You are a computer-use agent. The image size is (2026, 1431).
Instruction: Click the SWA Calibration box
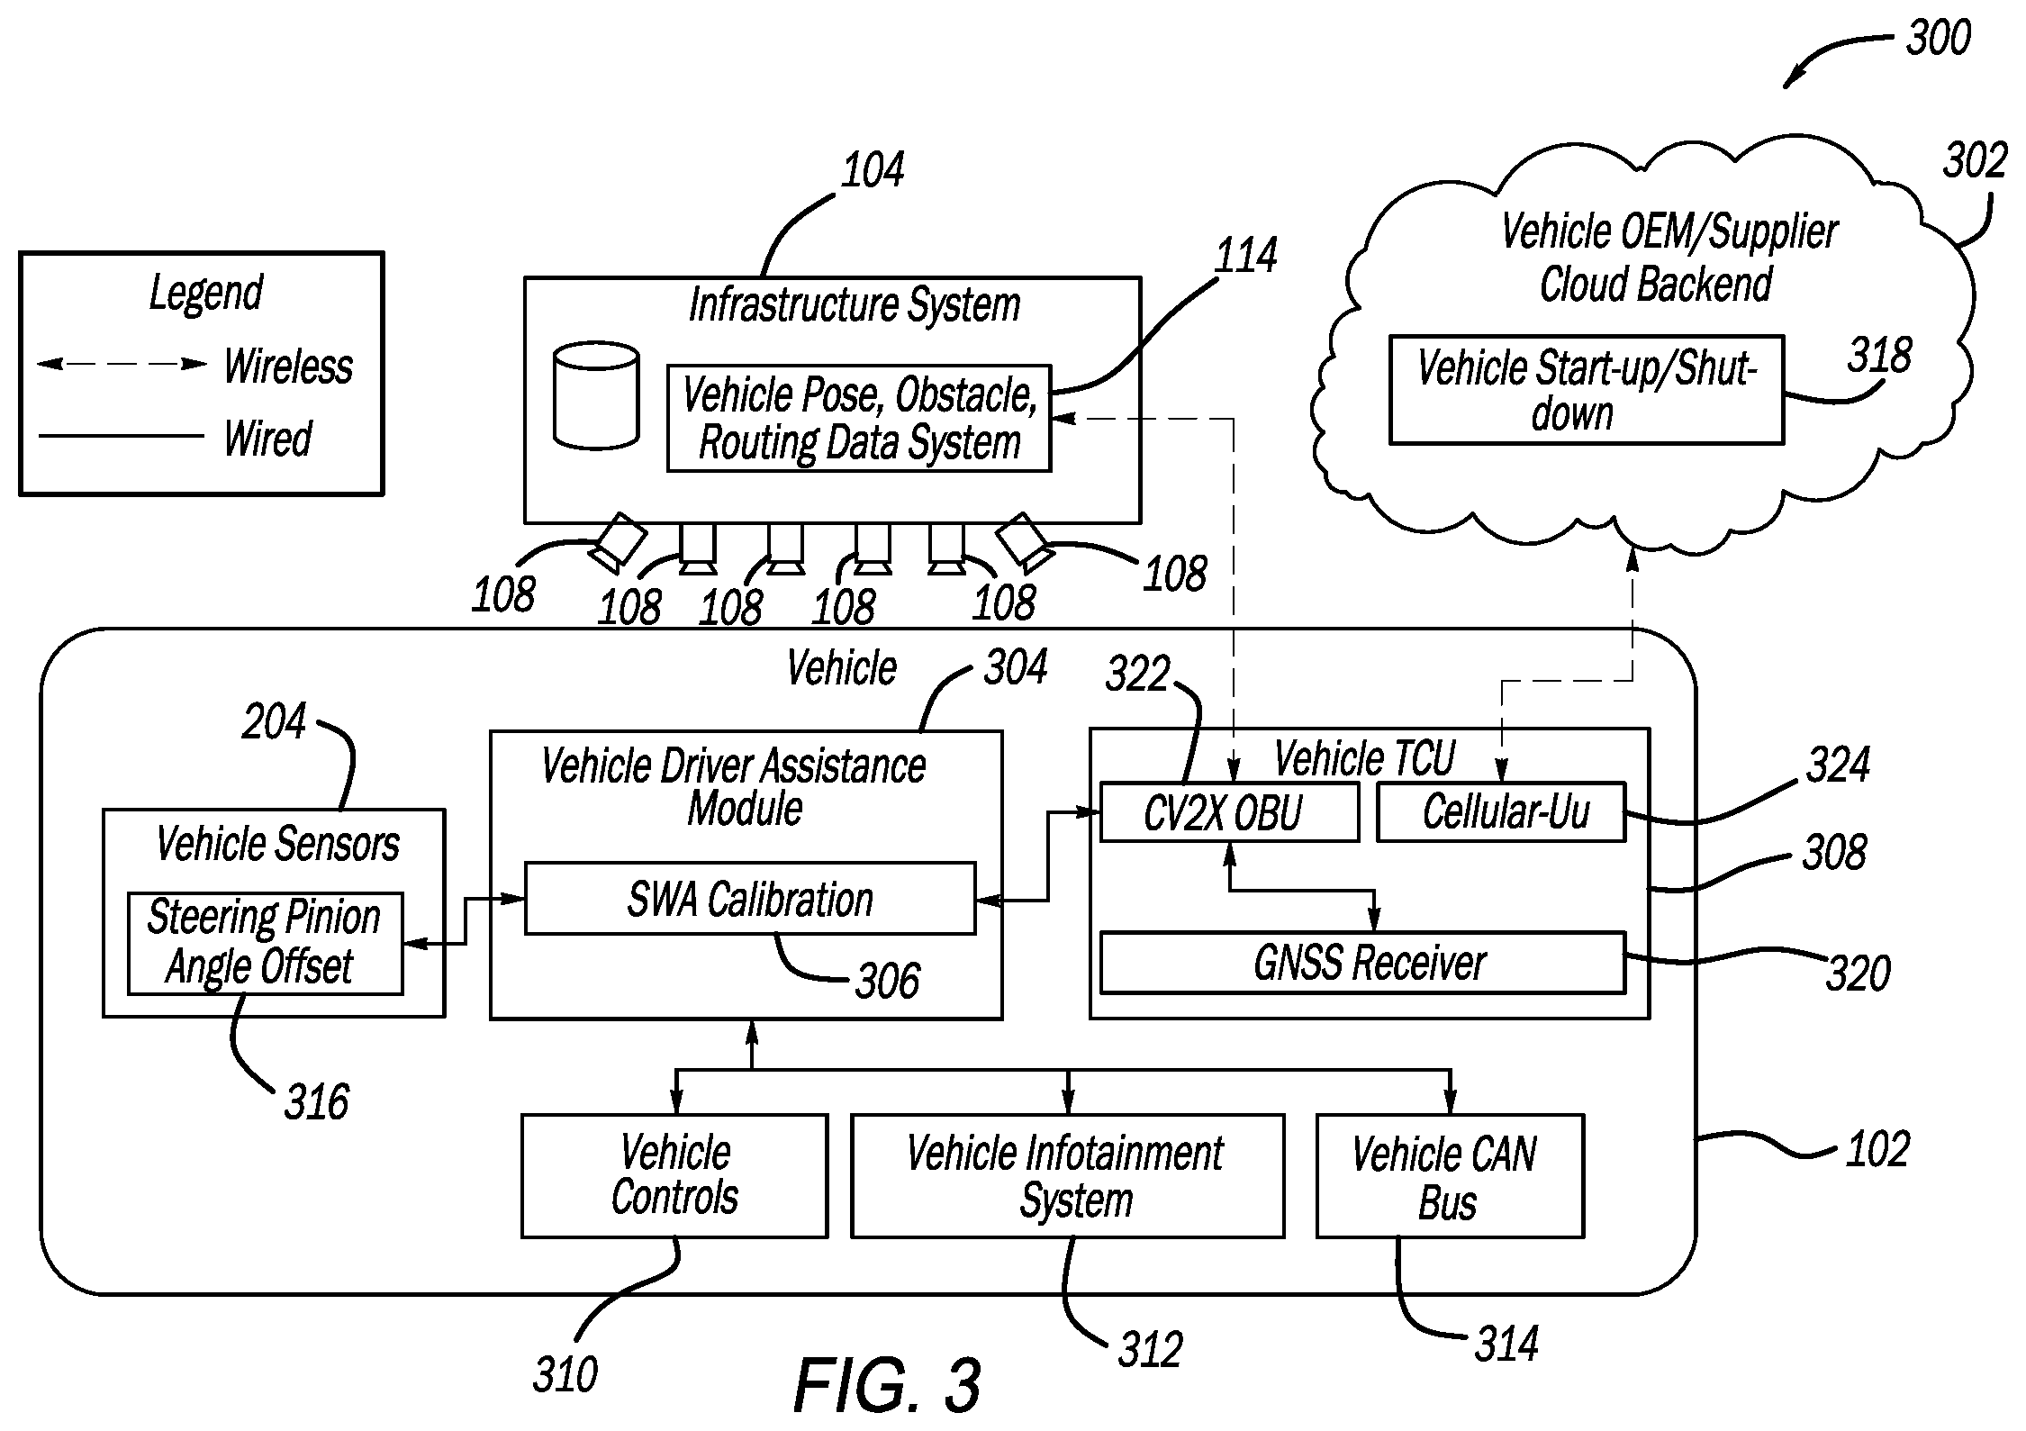coord(750,899)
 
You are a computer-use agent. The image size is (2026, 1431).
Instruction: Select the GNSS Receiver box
coord(1363,963)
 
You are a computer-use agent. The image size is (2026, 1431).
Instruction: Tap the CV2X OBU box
coord(1229,812)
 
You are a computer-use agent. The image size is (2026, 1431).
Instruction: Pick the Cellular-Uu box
coord(1501,812)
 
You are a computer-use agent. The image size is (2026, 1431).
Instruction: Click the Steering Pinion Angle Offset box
coord(265,943)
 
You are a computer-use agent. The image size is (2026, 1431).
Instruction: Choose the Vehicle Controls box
coord(674,1176)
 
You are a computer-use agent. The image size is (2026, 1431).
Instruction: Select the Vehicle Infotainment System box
coord(1068,1176)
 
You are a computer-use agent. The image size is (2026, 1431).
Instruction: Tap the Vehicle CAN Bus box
coord(1450,1176)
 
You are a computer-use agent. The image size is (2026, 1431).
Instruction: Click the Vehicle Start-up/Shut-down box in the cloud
coord(1587,390)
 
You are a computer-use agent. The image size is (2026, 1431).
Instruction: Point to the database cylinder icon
coord(596,395)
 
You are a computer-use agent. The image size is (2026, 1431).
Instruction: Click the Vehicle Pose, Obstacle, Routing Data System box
coord(859,418)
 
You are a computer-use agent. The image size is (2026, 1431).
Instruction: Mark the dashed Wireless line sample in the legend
coord(122,365)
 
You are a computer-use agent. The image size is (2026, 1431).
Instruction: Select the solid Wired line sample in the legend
coord(122,437)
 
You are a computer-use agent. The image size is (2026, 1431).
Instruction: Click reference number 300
coord(1939,38)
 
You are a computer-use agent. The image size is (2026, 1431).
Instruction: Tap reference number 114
coord(1246,256)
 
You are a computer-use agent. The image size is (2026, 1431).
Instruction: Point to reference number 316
coord(316,1102)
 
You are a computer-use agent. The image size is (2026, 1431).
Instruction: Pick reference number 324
coord(1838,765)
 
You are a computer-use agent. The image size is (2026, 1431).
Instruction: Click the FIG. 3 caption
coord(887,1385)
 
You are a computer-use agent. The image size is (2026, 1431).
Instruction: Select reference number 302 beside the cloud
coord(1975,161)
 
